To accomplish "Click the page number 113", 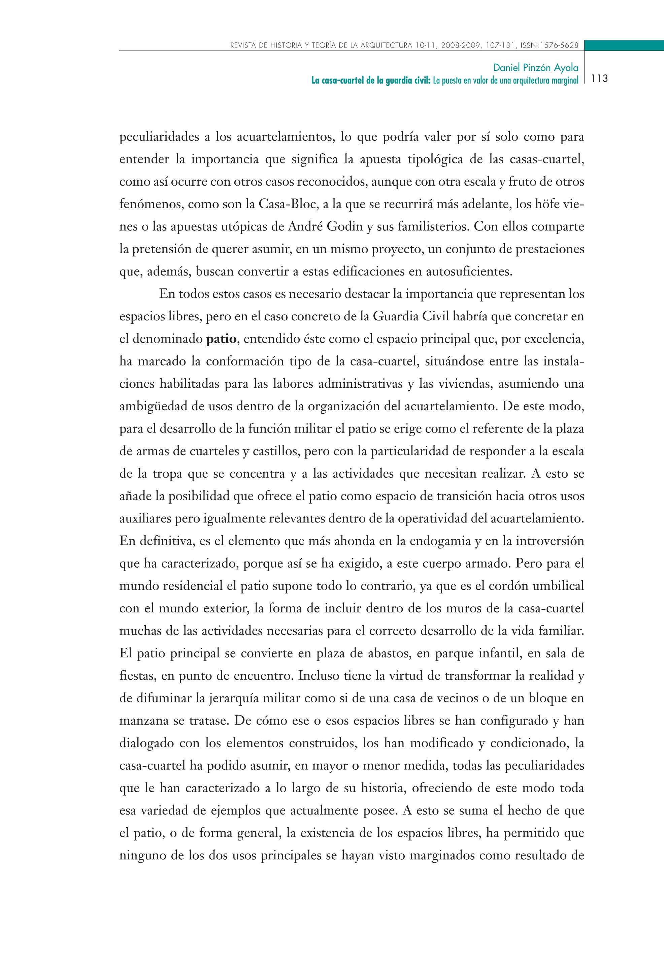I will pyautogui.click(x=599, y=78).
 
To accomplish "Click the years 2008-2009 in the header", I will pyautogui.click(x=459, y=45).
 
